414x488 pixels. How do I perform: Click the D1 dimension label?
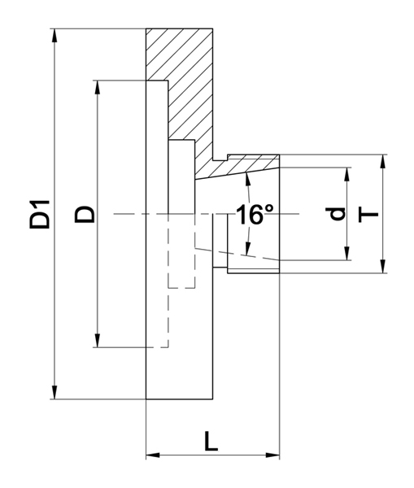pos(40,215)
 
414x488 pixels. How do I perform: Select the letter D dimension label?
pos(85,214)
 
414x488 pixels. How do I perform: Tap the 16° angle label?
pos(255,215)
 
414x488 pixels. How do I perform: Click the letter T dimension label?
pos(368,214)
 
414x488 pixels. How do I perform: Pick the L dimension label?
pos(211,441)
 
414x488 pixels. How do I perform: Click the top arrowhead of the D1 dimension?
pos(54,36)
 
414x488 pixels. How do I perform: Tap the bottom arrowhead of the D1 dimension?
pos(54,392)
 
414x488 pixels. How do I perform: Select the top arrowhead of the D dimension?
pos(98,88)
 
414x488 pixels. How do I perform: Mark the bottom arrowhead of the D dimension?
pos(98,340)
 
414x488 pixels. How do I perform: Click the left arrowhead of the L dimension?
pos(153,455)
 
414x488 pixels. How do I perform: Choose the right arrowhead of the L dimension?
pos(272,455)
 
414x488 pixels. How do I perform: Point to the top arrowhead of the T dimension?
pos(383,161)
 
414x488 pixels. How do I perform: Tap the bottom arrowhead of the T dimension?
pos(383,267)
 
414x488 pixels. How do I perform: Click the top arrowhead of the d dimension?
pos(346,174)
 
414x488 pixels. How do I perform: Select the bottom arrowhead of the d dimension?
pos(346,253)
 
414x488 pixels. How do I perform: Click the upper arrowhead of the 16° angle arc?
pos(247,179)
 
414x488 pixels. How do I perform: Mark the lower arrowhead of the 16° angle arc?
pos(247,249)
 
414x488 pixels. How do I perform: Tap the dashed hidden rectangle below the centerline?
pos(182,288)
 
